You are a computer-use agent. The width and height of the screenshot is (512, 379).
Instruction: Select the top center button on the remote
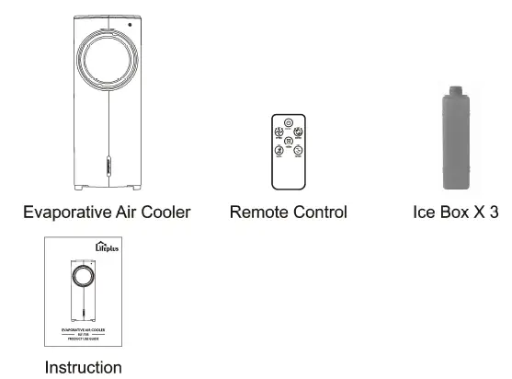click(289, 122)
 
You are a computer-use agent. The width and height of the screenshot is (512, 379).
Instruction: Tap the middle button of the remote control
click(289, 142)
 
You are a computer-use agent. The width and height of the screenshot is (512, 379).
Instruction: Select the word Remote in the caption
click(257, 212)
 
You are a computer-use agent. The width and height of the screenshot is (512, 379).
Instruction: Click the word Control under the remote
click(318, 212)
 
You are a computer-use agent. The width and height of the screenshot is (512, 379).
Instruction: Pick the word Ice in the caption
click(426, 212)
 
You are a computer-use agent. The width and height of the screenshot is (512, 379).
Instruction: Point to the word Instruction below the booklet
click(83, 368)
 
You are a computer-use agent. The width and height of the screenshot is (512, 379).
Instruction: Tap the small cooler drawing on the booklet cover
click(83, 291)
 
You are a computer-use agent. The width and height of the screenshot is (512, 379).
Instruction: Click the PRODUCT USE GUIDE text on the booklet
click(83, 338)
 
